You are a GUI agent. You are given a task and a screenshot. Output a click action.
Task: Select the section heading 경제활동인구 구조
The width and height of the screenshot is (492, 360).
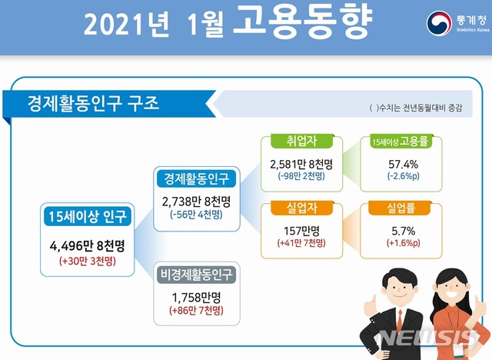pos(92,102)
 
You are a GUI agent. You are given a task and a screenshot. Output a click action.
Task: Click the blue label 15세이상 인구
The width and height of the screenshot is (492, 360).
pos(88,215)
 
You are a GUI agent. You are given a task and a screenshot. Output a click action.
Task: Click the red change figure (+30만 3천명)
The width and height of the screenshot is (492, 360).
pos(88,262)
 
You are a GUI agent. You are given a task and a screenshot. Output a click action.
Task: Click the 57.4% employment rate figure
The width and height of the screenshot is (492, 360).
pos(398,164)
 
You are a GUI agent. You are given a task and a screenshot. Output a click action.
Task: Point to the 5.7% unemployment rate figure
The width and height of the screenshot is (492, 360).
pos(397,229)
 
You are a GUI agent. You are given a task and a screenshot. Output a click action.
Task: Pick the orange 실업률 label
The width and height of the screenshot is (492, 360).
pos(397,208)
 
